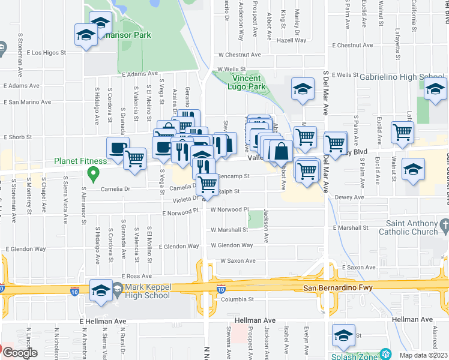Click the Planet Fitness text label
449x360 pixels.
pos(80,161)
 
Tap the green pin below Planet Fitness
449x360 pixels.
pos(92,175)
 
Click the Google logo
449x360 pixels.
pos(19,353)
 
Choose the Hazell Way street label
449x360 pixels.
pos(292,41)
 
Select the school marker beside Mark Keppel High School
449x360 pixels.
pos(101,291)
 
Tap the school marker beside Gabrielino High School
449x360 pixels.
pos(435,90)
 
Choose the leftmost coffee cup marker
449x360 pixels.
pos(118,148)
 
